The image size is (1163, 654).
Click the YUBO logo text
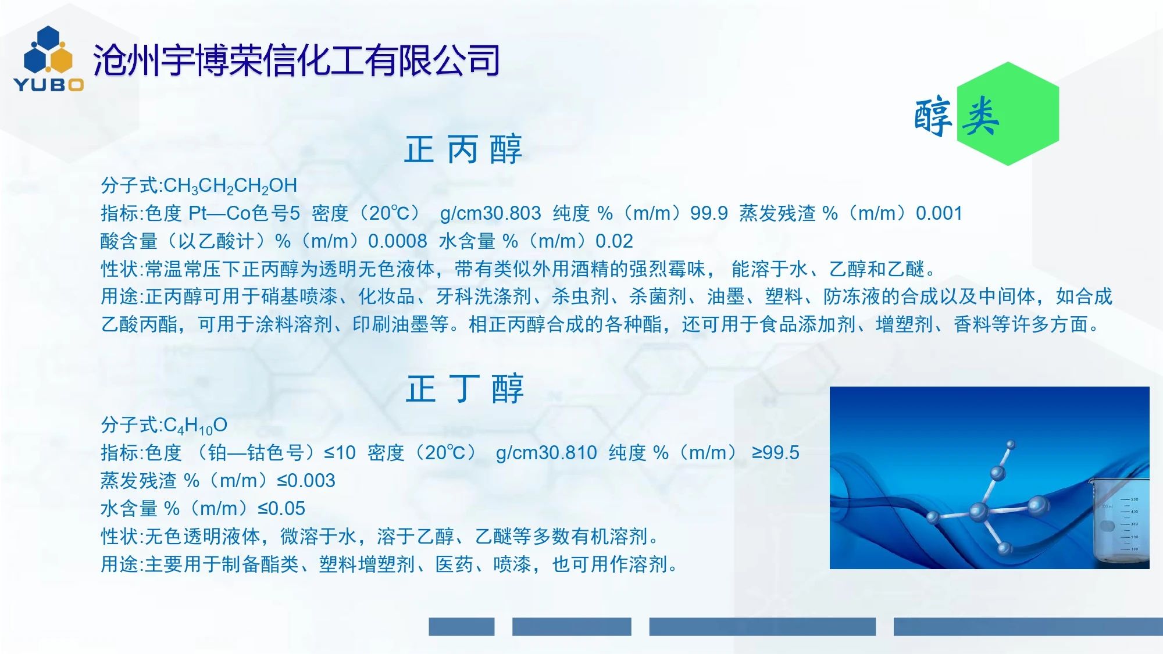(49, 85)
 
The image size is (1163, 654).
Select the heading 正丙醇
(463, 149)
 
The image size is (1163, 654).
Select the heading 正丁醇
(465, 389)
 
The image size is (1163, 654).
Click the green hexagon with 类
(1008, 114)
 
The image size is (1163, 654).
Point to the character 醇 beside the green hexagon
(933, 117)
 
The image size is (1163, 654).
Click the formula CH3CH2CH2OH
(230, 186)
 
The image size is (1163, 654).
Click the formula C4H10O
(195, 426)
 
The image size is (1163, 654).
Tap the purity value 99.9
(709, 213)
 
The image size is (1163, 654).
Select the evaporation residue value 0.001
(939, 213)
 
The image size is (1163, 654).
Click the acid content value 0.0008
(398, 241)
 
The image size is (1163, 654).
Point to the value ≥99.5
(776, 453)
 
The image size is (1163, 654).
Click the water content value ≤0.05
(281, 509)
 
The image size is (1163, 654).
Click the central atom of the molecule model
(979, 512)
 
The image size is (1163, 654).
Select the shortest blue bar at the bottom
(462, 627)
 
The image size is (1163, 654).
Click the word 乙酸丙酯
(140, 324)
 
